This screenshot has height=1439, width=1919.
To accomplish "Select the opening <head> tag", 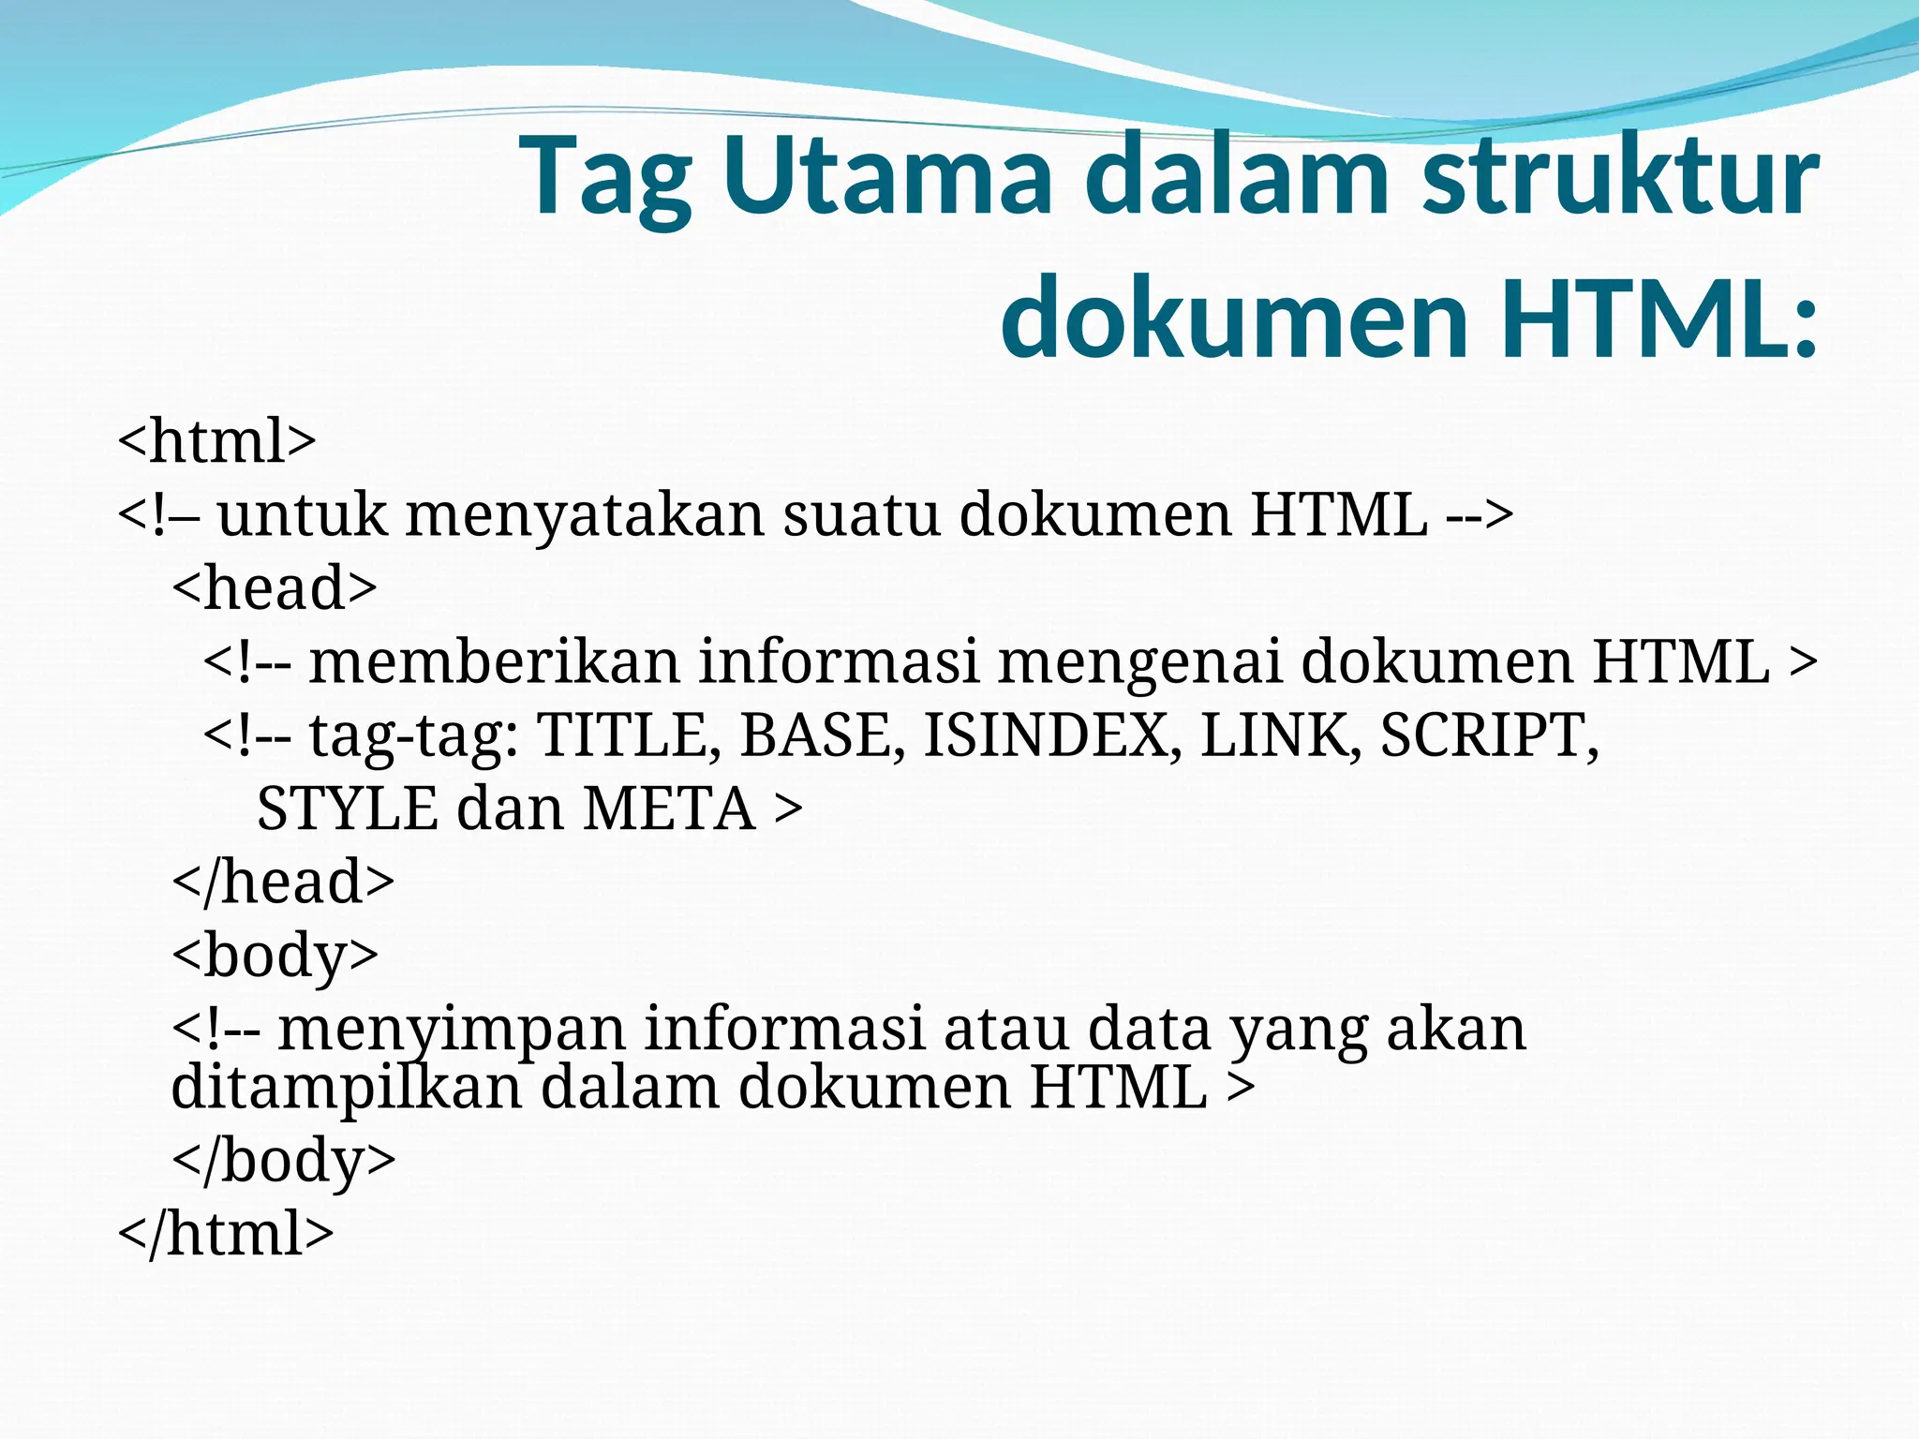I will coord(275,587).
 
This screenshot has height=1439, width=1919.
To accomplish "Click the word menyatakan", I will coord(585,515).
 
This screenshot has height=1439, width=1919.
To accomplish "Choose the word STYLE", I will coord(347,809).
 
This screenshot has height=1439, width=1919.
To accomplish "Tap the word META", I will coord(668,809).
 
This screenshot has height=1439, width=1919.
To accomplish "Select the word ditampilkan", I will coord(346,1087).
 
